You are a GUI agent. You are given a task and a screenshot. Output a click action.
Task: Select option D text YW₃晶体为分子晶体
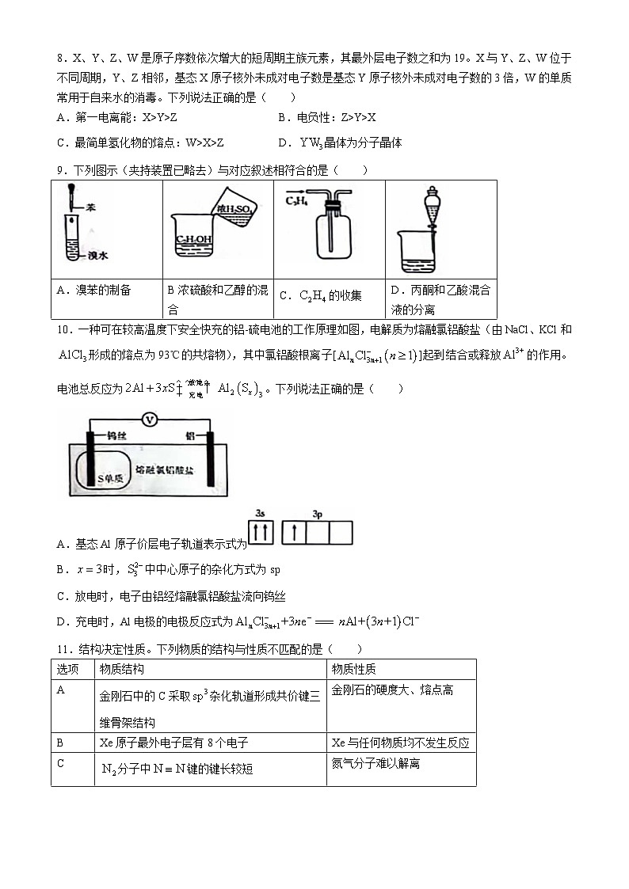348,142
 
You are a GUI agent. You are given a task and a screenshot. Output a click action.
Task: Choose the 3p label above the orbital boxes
317,515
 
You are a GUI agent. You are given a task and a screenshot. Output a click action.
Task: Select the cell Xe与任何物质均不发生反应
400,743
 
